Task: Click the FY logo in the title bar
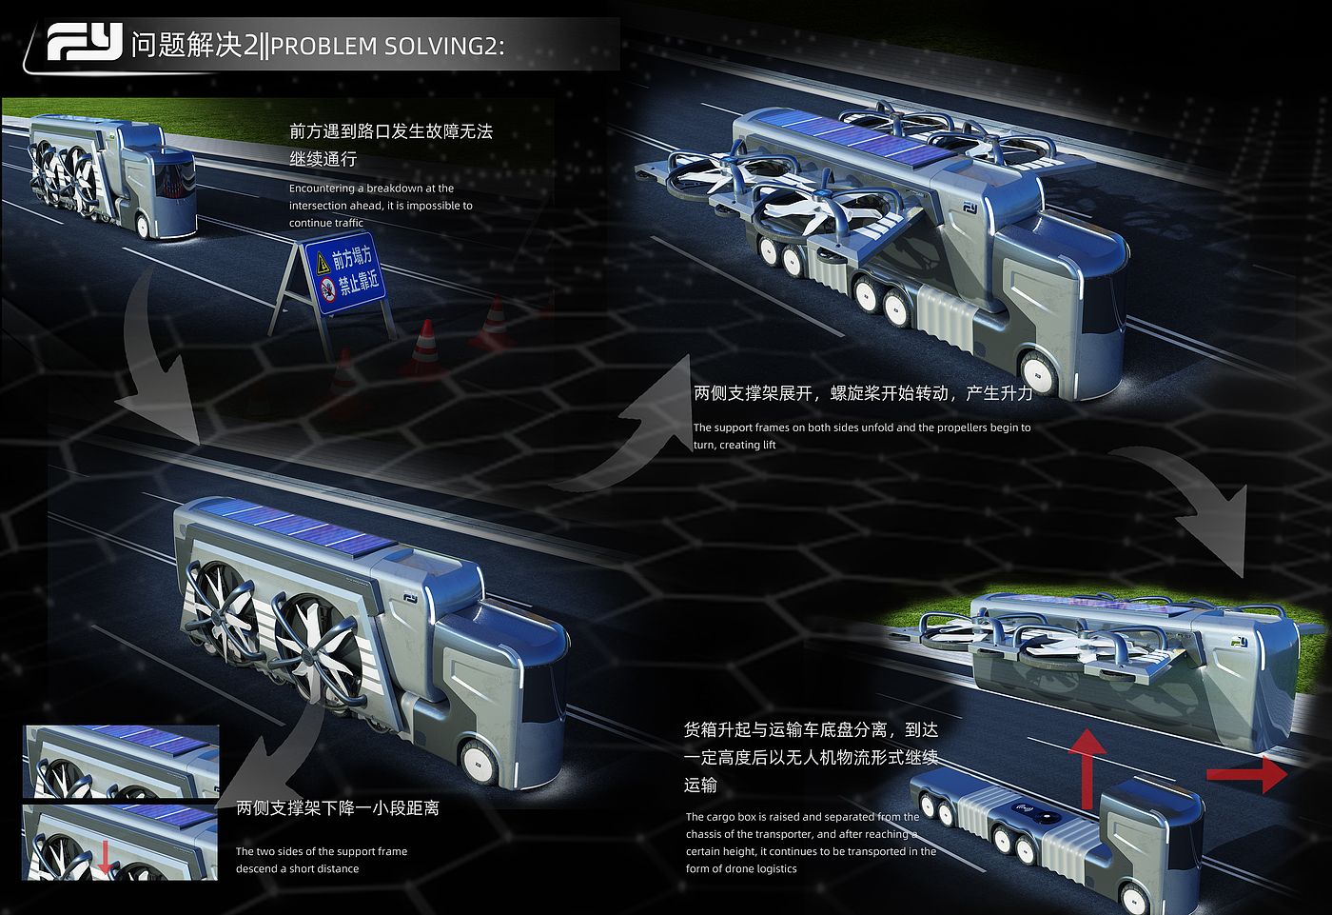[85, 42]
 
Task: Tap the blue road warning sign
[345, 273]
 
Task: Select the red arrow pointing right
[1246, 774]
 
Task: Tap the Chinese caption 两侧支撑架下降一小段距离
[338, 808]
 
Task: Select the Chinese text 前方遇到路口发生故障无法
[391, 131]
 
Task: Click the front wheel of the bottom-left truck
[479, 763]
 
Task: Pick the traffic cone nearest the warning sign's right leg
[424, 349]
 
